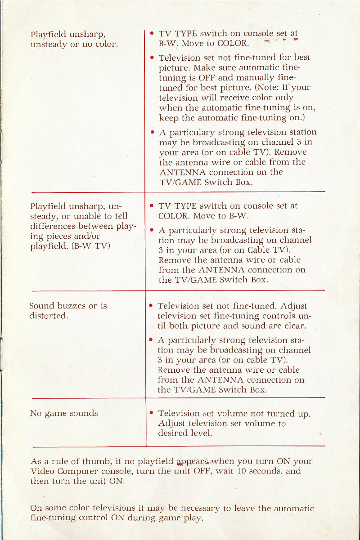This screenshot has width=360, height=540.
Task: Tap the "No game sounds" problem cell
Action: [63, 413]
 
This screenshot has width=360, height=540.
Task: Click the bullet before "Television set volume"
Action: [152, 413]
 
